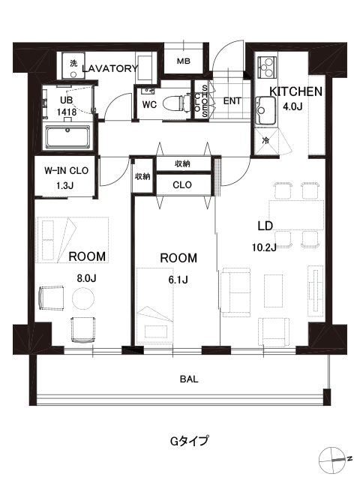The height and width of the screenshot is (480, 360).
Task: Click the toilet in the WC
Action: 174,104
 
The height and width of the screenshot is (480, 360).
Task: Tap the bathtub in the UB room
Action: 68,136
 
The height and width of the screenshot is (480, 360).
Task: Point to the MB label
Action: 183,61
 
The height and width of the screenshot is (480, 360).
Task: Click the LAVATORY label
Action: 110,68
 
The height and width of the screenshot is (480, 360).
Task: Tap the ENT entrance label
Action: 232,100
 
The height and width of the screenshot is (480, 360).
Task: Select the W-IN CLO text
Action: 67,170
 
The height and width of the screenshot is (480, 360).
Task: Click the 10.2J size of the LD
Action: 264,247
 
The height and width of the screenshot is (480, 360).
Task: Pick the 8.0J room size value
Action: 86,278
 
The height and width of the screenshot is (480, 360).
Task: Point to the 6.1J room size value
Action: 178,280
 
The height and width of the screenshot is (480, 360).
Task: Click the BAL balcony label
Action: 189,379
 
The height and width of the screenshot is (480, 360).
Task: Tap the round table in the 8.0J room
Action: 83,298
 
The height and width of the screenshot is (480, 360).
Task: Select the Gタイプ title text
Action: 190,441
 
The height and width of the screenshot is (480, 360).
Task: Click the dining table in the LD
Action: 296,215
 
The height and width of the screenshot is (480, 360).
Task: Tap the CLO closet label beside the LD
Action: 182,185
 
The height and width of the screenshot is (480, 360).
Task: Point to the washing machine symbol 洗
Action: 73,64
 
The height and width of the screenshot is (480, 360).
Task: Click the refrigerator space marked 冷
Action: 265,141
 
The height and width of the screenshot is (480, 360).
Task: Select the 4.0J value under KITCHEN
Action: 292,106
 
